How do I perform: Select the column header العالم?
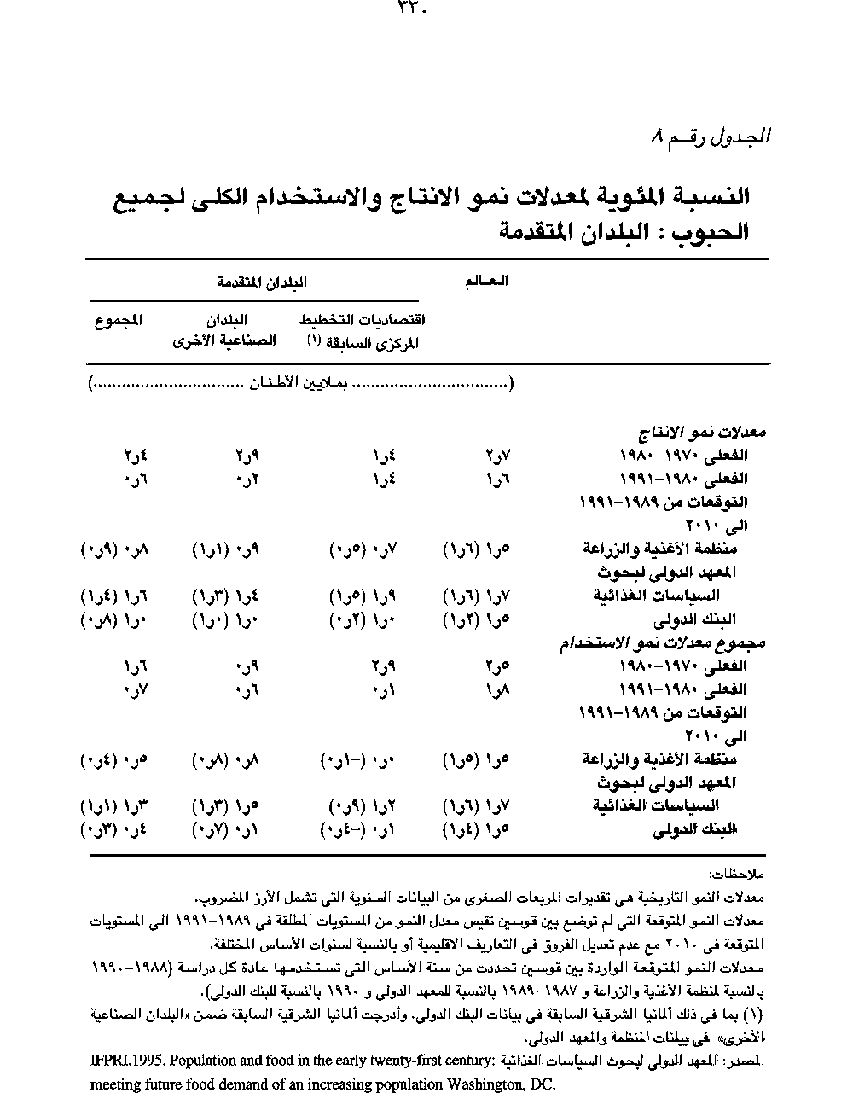(485, 282)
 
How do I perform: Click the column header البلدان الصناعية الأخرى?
(225, 330)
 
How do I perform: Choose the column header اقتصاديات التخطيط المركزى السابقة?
(363, 331)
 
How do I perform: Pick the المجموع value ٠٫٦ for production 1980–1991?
(136, 479)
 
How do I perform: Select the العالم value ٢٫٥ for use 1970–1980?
(496, 666)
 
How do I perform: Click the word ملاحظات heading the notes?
(737, 875)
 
